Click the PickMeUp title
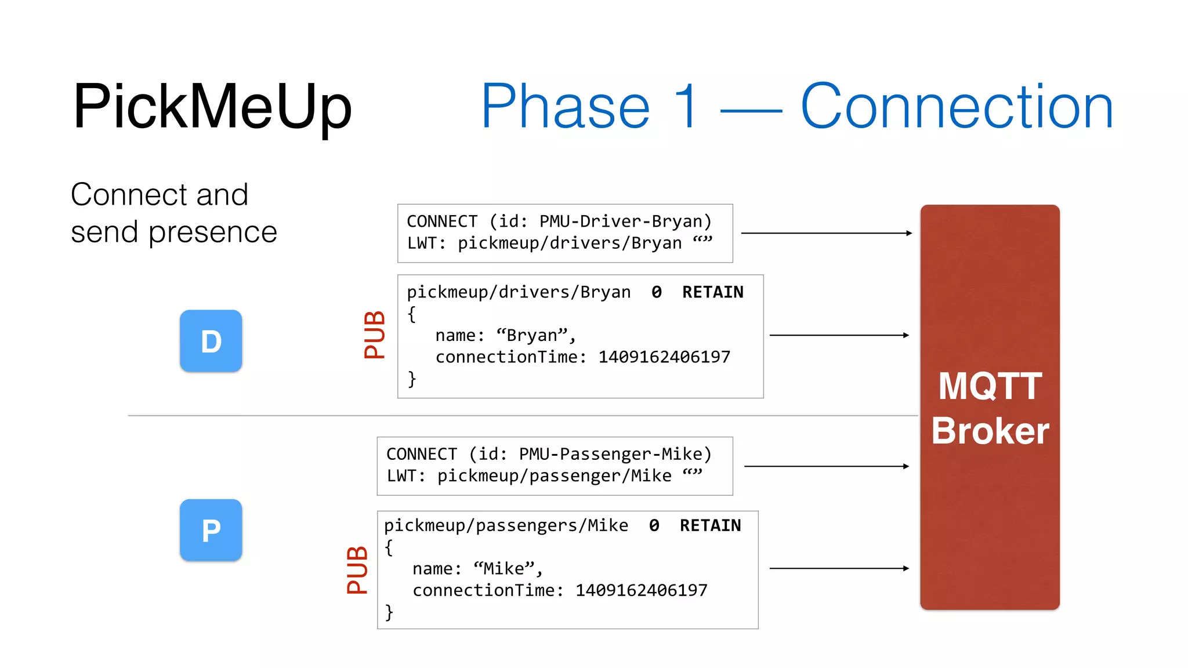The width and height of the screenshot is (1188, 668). click(x=212, y=107)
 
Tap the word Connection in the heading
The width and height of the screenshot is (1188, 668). click(x=957, y=107)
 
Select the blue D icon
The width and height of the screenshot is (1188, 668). click(x=211, y=341)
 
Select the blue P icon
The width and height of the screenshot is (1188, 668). click(x=211, y=530)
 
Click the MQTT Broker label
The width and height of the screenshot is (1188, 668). click(x=990, y=408)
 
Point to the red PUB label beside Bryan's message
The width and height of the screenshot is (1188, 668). click(x=374, y=335)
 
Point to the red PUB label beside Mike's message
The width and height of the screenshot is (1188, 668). click(x=357, y=569)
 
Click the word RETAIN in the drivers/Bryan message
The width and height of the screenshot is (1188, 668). click(x=712, y=292)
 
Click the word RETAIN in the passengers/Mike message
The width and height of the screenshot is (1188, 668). click(x=710, y=525)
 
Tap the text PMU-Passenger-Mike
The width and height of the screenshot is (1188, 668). click(x=610, y=454)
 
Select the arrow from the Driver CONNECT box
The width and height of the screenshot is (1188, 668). click(x=826, y=233)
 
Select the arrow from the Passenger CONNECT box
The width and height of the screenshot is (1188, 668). click(x=826, y=466)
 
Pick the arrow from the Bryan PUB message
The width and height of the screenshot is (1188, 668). click(x=839, y=335)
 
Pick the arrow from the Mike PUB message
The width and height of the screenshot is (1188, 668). click(x=839, y=568)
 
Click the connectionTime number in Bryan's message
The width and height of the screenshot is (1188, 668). click(x=664, y=357)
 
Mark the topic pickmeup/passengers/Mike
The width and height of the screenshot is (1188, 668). click(x=506, y=525)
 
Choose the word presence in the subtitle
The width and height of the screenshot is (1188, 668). click(x=212, y=233)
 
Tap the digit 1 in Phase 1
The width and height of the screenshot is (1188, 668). click(x=687, y=107)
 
